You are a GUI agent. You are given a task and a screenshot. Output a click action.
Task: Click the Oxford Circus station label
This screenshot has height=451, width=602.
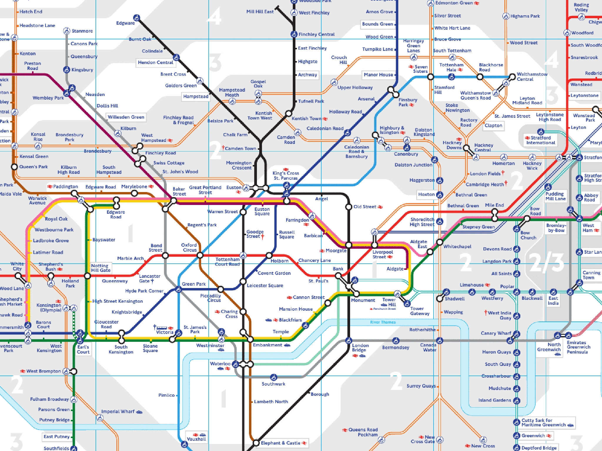click(189, 248)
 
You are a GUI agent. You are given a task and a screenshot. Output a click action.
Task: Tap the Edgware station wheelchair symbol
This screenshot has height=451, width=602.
click(136, 18)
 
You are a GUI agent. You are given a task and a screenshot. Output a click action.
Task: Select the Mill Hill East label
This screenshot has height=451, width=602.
click(260, 12)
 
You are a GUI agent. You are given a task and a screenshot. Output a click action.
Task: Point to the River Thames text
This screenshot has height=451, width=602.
click(383, 322)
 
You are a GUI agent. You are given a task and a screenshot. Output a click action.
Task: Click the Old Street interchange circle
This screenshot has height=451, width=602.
click(349, 207)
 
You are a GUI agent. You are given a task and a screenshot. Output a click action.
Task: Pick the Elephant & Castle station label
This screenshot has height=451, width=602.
click(280, 443)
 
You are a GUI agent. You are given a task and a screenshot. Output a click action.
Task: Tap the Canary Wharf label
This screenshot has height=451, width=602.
click(496, 333)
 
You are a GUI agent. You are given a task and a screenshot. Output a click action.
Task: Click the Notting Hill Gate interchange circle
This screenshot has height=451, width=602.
click(87, 276)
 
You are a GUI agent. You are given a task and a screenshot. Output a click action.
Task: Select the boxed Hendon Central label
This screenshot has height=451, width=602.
click(155, 63)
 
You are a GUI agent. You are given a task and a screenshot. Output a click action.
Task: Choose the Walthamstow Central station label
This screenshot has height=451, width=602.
click(532, 77)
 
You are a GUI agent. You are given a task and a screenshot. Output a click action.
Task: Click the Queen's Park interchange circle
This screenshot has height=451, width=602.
click(14, 167)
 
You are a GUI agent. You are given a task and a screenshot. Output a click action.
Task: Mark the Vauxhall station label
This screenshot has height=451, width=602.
click(196, 439)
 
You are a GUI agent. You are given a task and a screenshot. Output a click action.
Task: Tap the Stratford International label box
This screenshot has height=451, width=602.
click(540, 140)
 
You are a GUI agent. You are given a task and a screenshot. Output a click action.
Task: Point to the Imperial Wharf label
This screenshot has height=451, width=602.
click(118, 412)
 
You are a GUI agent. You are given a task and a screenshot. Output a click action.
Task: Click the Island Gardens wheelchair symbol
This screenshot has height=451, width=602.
click(516, 400)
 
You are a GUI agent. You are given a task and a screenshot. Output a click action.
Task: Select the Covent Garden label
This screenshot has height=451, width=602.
click(274, 273)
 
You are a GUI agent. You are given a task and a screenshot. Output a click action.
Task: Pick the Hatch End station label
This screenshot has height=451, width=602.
click(31, 12)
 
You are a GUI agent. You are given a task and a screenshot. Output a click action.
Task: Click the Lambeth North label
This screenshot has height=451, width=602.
click(271, 401)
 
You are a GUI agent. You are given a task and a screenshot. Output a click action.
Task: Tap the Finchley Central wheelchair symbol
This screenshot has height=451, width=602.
click(294, 34)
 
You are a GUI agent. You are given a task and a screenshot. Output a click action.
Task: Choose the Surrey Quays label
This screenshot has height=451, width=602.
click(421, 386)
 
